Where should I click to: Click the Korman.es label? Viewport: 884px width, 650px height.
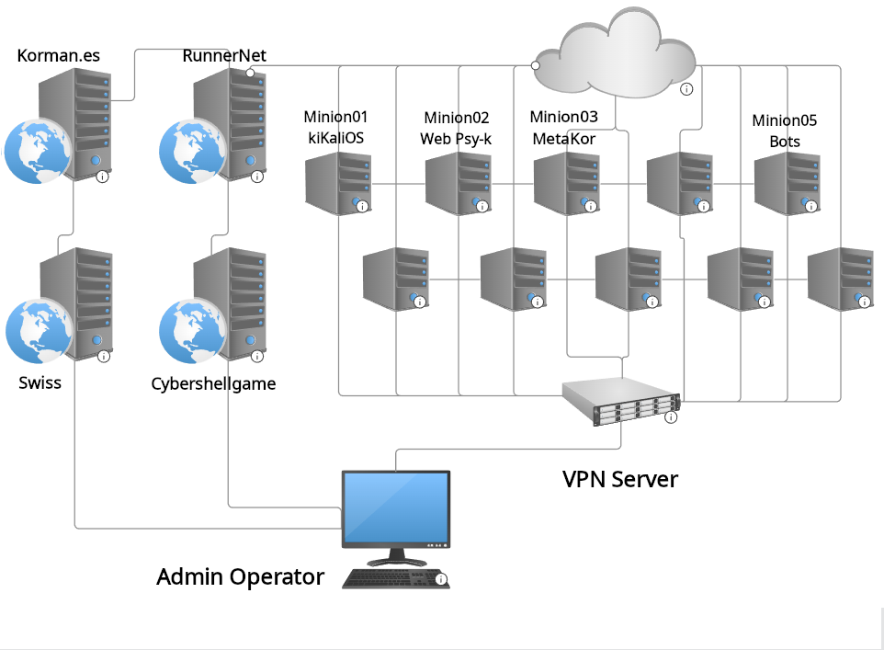59,56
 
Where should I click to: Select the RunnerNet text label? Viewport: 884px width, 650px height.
224,55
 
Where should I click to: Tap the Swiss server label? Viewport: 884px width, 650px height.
40,382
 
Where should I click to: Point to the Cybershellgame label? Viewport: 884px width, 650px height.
213,383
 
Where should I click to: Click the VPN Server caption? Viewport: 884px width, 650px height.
620,479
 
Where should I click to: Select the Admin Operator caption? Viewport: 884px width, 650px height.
240,576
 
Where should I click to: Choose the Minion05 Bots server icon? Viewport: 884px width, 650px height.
787,183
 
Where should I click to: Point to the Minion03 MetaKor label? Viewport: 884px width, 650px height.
563,127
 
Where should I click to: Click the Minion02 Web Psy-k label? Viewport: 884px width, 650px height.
456,128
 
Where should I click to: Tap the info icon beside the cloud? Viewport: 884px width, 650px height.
686,89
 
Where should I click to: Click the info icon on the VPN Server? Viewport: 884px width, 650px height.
671,417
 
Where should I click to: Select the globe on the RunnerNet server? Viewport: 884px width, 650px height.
191,150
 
